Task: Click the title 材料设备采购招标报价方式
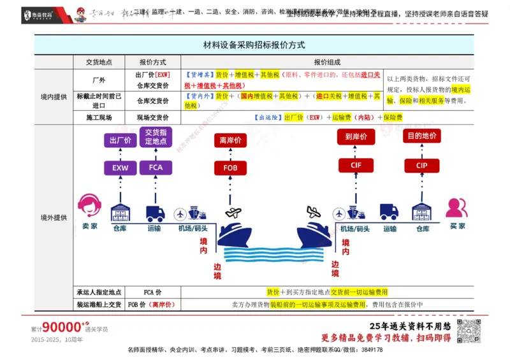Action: (254, 45)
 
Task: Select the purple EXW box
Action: (120, 168)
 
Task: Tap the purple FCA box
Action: (156, 168)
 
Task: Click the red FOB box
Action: (230, 168)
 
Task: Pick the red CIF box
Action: (356, 165)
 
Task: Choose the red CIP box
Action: (421, 165)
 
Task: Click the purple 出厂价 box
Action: (120, 140)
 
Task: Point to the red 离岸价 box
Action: (230, 140)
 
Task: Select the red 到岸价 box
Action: (356, 137)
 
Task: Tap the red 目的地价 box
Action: (421, 136)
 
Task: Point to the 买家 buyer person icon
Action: (456, 208)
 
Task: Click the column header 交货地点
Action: (99, 62)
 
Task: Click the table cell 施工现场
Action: (99, 118)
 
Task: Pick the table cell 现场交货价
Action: (153, 118)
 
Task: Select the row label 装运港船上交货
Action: (99, 305)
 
